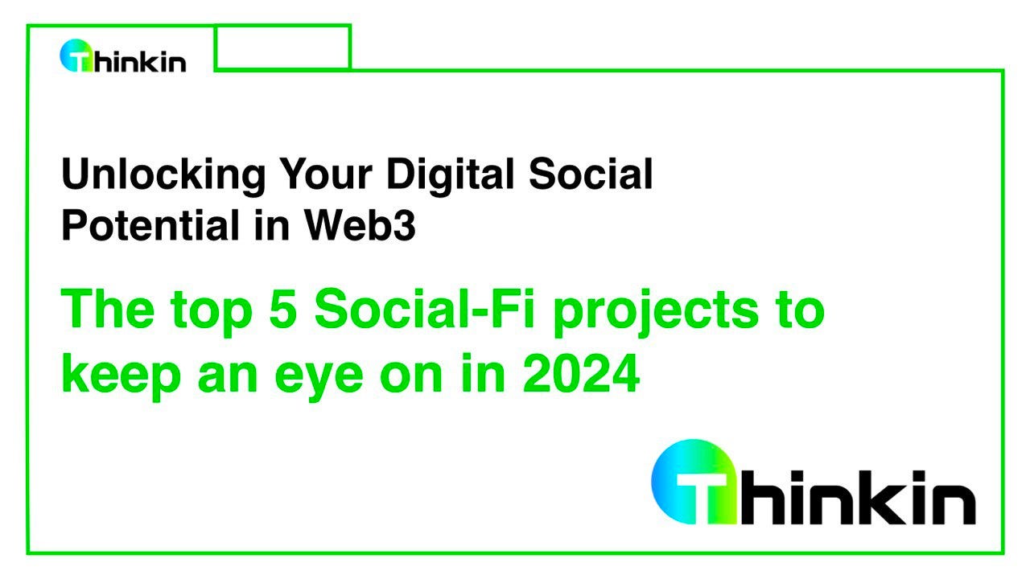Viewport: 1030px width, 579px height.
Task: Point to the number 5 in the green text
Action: tap(286, 310)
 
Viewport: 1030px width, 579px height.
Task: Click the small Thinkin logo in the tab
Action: tap(123, 57)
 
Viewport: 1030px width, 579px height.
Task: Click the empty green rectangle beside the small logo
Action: tap(282, 47)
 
